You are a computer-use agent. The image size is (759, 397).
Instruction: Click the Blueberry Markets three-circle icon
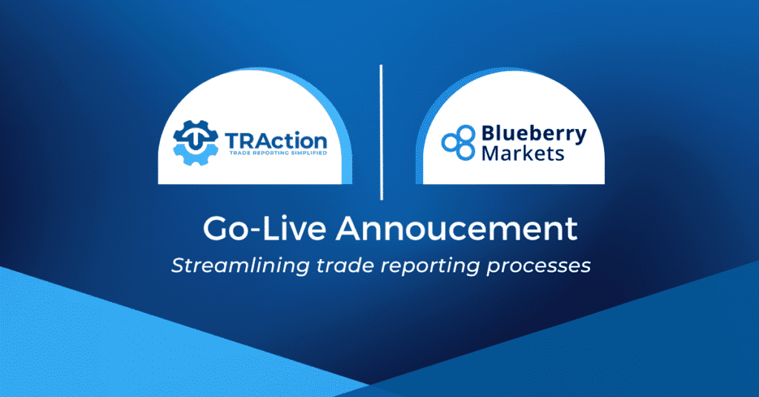pyautogui.click(x=457, y=142)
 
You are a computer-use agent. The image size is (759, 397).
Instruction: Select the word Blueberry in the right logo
pyautogui.click(x=534, y=134)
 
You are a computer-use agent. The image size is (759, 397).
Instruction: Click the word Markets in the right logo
pyautogui.click(x=522, y=154)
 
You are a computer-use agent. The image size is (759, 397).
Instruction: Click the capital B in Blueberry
pyautogui.click(x=488, y=134)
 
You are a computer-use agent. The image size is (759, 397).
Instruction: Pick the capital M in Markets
pyautogui.click(x=491, y=154)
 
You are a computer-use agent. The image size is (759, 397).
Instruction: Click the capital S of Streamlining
pyautogui.click(x=177, y=265)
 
